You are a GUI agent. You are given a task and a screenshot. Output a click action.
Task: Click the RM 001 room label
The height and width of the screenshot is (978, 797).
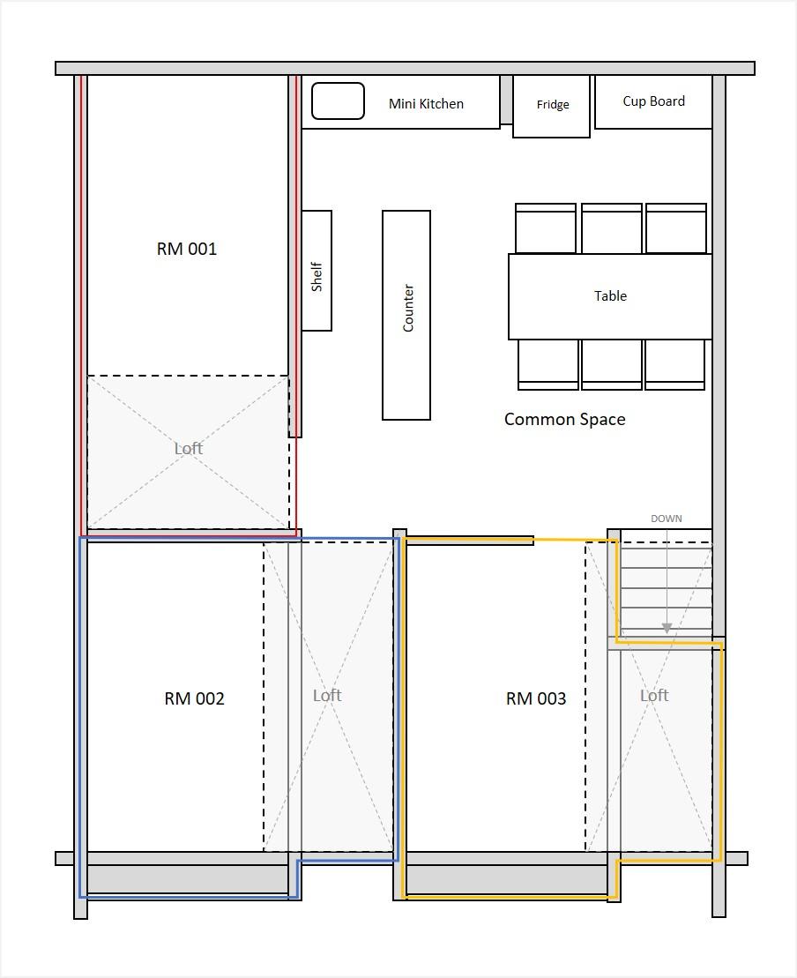point(186,249)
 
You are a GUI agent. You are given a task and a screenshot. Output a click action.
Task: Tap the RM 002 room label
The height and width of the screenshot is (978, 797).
point(194,698)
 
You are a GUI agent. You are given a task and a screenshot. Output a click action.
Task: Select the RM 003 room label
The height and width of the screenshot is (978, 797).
point(536,698)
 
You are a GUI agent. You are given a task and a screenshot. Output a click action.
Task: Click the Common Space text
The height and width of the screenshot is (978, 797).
point(564,419)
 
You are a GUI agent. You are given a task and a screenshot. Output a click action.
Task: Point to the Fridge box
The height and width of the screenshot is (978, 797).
point(551,107)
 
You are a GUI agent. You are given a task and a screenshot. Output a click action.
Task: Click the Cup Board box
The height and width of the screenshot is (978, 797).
point(653,102)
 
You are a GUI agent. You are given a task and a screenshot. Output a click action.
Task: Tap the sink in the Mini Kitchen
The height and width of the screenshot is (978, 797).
point(338,101)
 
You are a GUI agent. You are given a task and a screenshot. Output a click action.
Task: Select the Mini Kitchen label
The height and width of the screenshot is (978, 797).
point(426,104)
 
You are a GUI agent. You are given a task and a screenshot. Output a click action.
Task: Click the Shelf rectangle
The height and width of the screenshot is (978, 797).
point(317,271)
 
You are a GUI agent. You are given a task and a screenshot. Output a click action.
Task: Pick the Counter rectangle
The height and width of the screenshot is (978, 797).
point(406,315)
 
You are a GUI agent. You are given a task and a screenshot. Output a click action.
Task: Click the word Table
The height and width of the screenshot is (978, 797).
point(610,295)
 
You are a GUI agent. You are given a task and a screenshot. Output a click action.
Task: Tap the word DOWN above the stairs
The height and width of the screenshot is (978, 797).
point(666,519)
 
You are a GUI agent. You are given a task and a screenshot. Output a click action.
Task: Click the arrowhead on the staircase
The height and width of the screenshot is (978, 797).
point(667,628)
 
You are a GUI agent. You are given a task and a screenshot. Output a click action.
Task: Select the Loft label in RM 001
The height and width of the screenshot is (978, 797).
point(189,448)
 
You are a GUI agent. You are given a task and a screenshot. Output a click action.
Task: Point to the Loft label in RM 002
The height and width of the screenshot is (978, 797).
point(327,696)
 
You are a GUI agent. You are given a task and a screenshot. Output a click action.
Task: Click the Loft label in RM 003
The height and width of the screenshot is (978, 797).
point(654,696)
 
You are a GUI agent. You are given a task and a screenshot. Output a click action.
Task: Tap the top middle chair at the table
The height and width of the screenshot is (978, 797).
point(611,228)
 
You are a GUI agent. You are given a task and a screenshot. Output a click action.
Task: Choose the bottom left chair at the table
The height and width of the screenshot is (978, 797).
point(548,365)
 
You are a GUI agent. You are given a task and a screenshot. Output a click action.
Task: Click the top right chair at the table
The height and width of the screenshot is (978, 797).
point(676,228)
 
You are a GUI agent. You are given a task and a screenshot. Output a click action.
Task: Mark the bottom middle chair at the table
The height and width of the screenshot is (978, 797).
point(611,365)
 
